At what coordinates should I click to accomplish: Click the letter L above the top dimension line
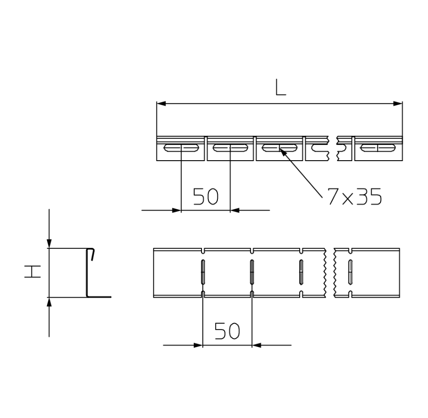tap(281, 87)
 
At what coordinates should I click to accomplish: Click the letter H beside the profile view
tap(33, 272)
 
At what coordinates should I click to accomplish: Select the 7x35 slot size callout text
tap(354, 196)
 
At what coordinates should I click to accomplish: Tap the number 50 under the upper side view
tap(206, 196)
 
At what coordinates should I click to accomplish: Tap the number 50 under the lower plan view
tap(227, 331)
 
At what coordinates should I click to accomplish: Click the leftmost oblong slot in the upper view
tap(181, 148)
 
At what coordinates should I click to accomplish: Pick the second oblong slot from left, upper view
tap(230, 148)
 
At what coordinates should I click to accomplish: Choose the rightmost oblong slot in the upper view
tap(378, 148)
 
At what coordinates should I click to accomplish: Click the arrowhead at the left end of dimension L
tap(161, 103)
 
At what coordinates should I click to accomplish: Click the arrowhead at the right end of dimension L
tap(398, 103)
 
